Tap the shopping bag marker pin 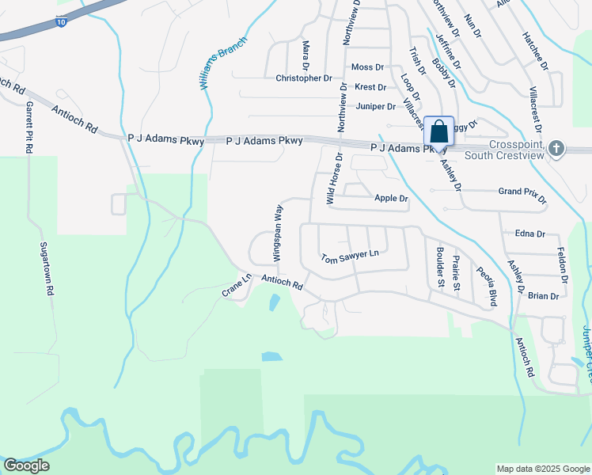point(438,132)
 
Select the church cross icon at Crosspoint point(557,148)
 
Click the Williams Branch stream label point(224,61)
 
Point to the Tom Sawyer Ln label point(350,256)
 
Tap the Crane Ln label point(236,286)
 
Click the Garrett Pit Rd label point(28,127)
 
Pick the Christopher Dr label point(304,78)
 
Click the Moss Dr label point(367,68)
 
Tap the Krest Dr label point(370,87)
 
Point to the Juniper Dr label point(375,106)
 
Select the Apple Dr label point(391,199)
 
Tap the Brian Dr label point(543,296)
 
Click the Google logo point(27,465)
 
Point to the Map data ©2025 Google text point(542,469)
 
